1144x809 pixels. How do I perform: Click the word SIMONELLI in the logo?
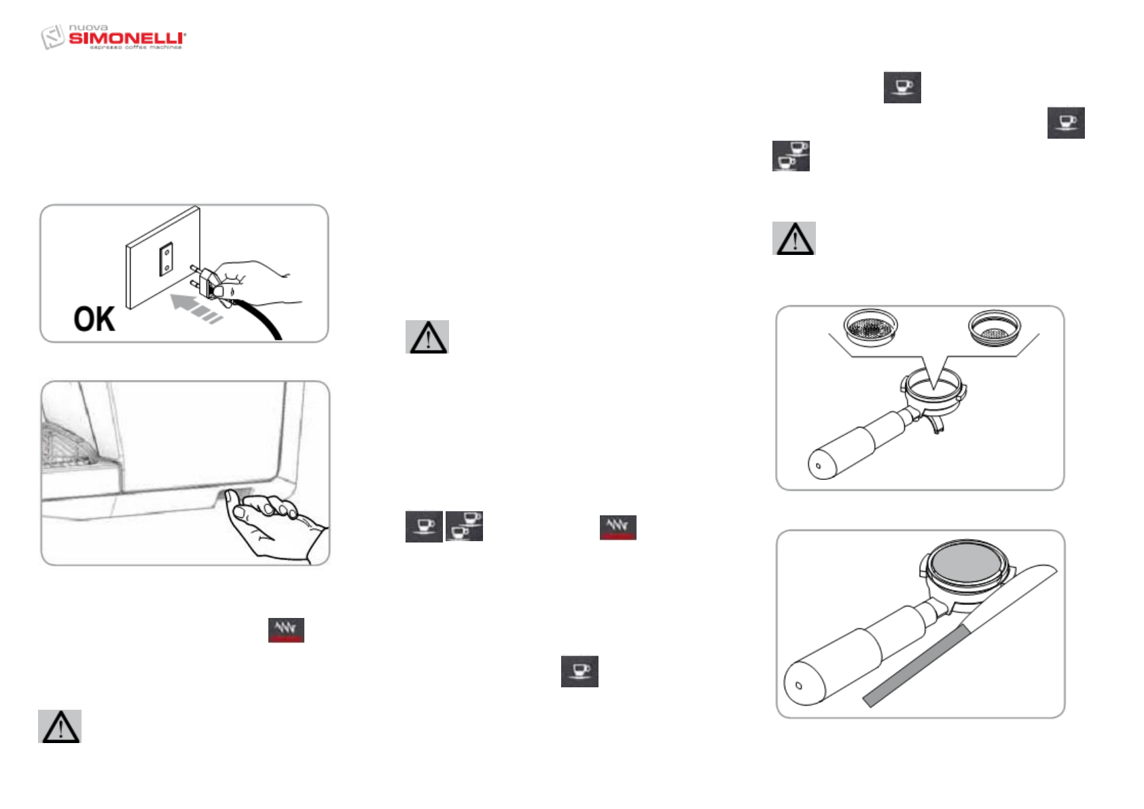pyautogui.click(x=126, y=38)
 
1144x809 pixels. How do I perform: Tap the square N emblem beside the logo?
pyautogui.click(x=52, y=37)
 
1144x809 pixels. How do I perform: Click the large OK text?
pyautogui.click(x=94, y=319)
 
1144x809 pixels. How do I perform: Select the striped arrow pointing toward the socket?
pyautogui.click(x=196, y=307)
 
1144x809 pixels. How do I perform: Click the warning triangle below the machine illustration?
pyautogui.click(x=60, y=727)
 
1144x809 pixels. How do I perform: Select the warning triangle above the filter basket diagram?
pyautogui.click(x=793, y=239)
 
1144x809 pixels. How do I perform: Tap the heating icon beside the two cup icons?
pyautogui.click(x=618, y=528)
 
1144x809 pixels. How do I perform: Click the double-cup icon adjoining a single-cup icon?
pyautogui.click(x=464, y=527)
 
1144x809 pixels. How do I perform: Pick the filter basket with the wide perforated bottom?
pyautogui.click(x=870, y=328)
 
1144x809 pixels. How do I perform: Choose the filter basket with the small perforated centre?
pyautogui.click(x=994, y=328)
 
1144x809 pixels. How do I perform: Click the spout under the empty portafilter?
pyautogui.click(x=938, y=426)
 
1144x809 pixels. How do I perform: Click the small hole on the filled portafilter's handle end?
pyautogui.click(x=799, y=685)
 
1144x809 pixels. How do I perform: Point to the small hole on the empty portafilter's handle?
pyautogui.click(x=818, y=466)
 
